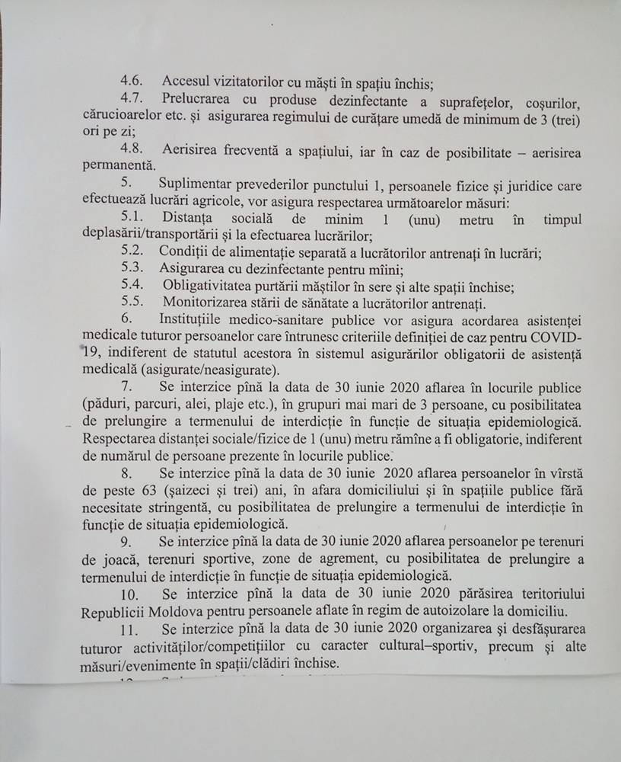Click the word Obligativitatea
tap(209, 287)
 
